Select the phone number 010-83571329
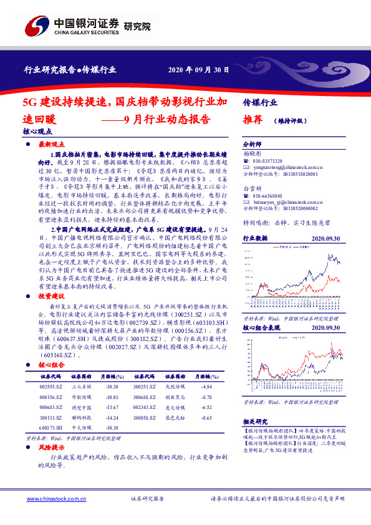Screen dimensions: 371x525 coord(268,161)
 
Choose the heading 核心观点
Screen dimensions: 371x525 coord(36,132)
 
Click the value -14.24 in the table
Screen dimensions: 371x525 coord(112,417)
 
